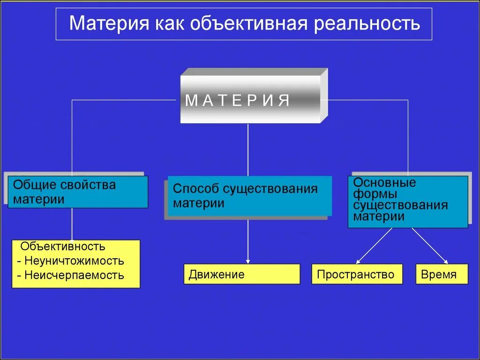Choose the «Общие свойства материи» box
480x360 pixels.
(78, 192)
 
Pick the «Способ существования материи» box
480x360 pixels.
(249, 196)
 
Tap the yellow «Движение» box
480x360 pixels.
(241, 274)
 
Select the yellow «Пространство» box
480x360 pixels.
(357, 274)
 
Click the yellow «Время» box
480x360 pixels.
(442, 274)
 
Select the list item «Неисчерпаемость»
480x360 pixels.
(74, 275)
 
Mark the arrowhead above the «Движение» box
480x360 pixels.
(248, 261)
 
